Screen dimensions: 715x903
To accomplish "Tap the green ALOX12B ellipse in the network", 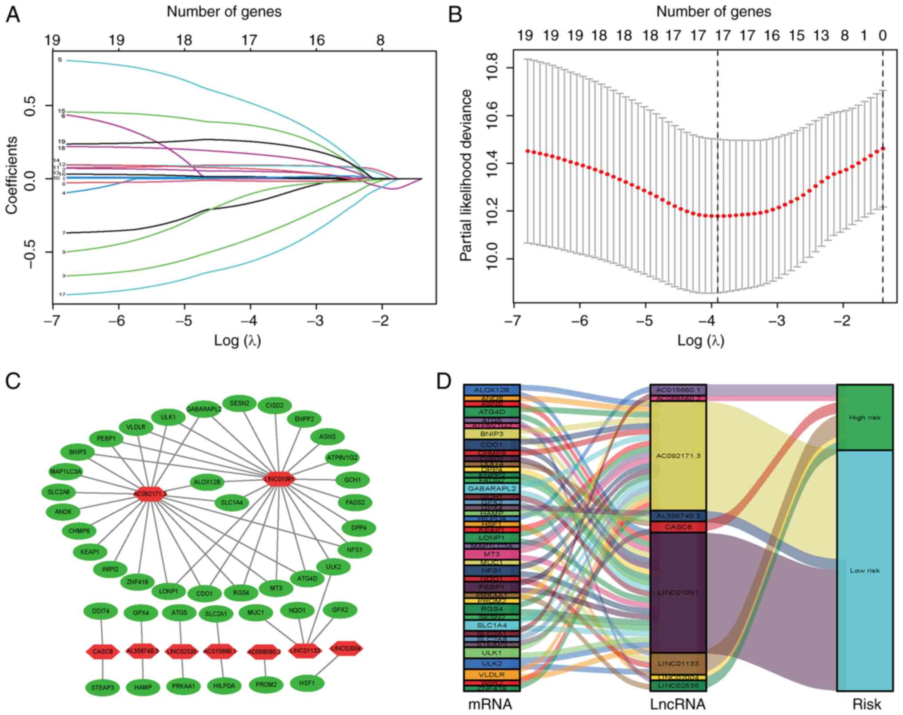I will pos(208,482).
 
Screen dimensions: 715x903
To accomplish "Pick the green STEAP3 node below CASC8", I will pos(103,687).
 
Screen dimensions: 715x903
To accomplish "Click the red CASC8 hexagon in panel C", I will pos(103,652).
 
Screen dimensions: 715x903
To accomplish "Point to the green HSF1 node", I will pos(307,683).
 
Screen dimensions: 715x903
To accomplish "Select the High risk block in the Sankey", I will pos(864,418).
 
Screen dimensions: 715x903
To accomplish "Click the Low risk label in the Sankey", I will pos(864,570).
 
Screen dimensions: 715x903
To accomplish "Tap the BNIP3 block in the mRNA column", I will pos(491,434).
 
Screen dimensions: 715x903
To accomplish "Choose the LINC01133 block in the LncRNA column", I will pos(678,664).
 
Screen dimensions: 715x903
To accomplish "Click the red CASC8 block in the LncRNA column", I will pos(678,527).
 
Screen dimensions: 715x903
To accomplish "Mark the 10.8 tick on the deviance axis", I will pos(493,68).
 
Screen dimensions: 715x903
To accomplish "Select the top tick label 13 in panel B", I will pos(821,35).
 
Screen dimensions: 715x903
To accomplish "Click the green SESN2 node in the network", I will pos(240,404).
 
